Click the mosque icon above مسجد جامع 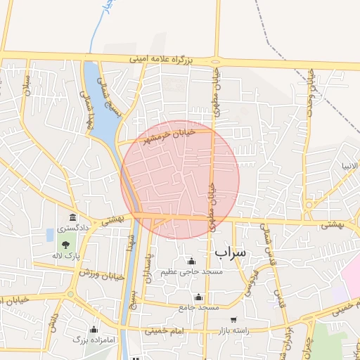[199, 297]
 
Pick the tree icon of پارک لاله [65, 245]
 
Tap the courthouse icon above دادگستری [72, 217]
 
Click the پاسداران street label [148, 267]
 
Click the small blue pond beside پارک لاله [50, 233]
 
